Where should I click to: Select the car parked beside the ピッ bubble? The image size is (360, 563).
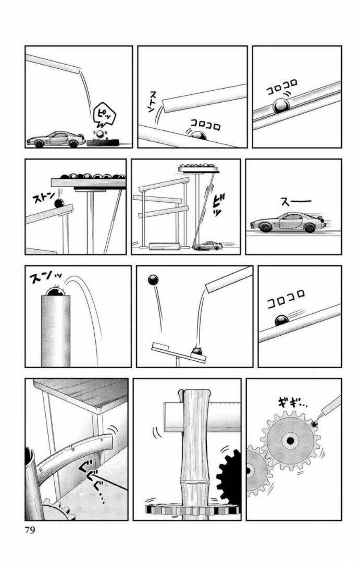point(55,139)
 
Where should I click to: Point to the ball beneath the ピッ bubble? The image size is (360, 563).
point(100,134)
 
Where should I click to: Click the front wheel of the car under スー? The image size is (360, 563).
point(311,228)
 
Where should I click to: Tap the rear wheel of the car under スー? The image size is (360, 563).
point(266,227)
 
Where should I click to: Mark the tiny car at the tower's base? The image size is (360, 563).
point(208,246)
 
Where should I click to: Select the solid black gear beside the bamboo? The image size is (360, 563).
point(229,476)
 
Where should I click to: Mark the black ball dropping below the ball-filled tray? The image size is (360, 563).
point(59,204)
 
